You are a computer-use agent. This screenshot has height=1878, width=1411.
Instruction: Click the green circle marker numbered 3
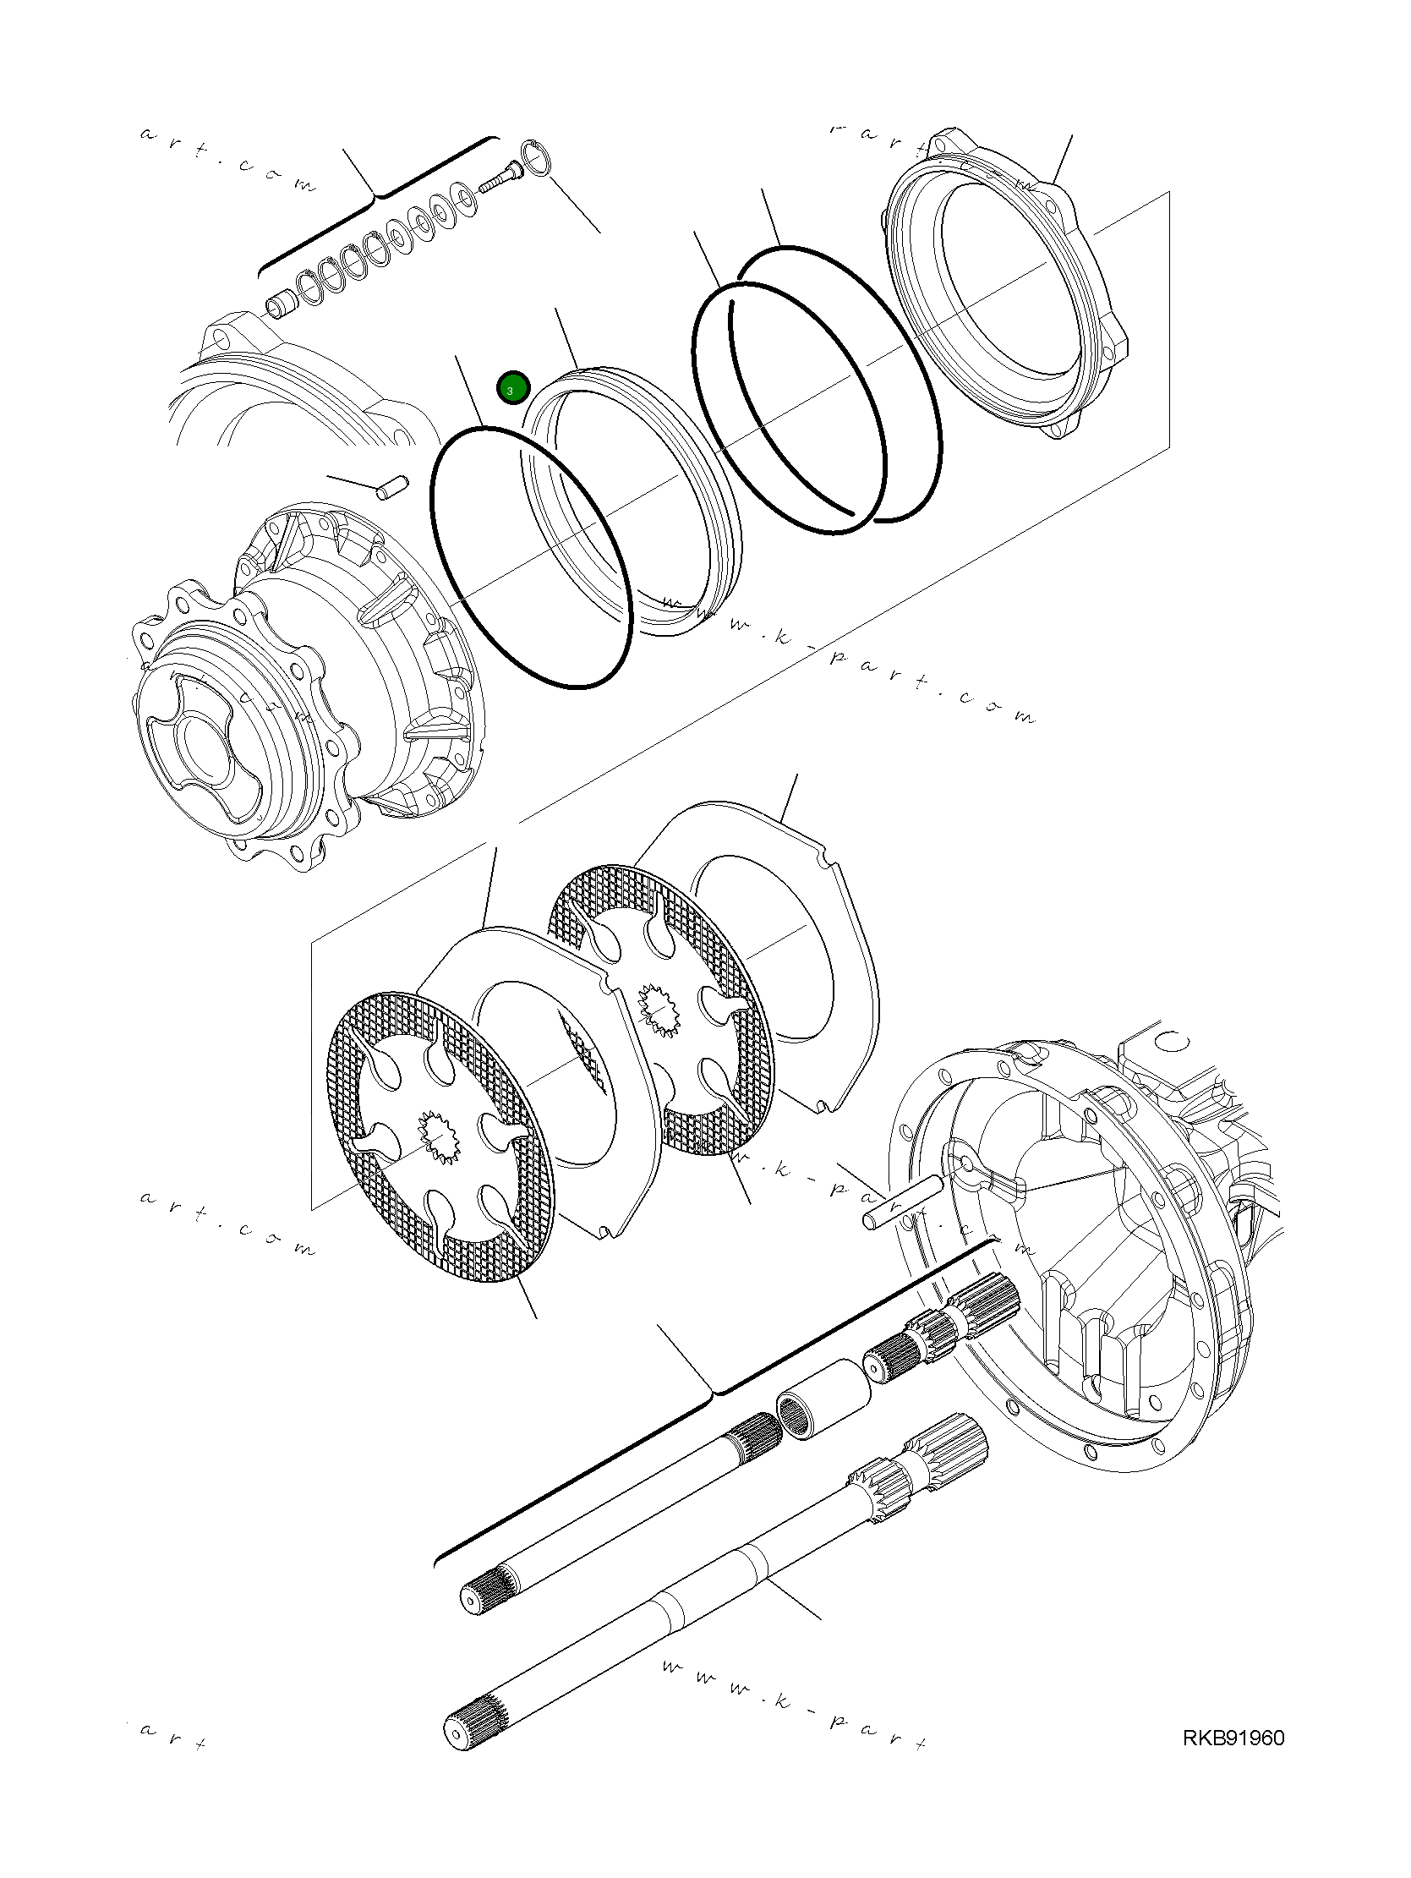pos(513,389)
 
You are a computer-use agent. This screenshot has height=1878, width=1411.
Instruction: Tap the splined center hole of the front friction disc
pos(438,1138)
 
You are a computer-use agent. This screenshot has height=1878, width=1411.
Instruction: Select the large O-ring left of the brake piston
pos(531,556)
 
